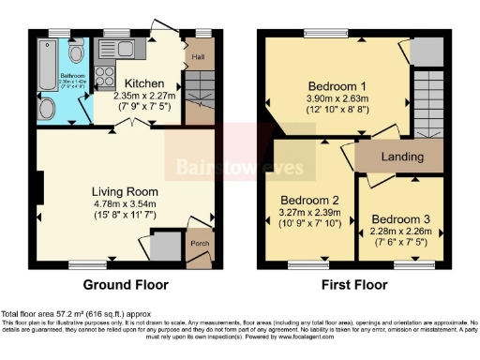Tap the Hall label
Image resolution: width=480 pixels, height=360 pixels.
point(199,58)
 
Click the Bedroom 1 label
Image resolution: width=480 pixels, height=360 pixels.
point(335,87)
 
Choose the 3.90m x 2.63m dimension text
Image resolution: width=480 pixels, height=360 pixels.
point(335,100)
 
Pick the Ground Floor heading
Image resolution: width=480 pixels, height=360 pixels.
point(127,284)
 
